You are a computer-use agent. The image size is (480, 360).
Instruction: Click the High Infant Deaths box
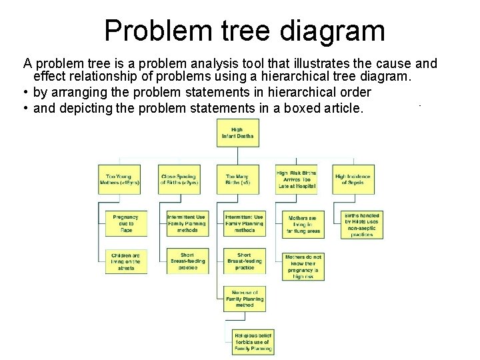click(237, 133)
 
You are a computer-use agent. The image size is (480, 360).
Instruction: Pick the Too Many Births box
click(237, 180)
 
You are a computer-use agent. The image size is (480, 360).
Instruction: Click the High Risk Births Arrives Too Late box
click(296, 180)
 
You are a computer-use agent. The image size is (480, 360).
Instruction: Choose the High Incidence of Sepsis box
click(353, 180)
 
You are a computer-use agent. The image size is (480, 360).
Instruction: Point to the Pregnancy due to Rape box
click(126, 223)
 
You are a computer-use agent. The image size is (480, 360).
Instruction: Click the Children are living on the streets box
click(126, 262)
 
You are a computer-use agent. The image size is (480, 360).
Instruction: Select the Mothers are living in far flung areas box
click(304, 224)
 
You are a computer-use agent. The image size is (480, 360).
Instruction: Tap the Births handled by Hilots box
click(362, 225)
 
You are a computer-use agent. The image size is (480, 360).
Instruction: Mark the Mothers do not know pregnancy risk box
click(303, 266)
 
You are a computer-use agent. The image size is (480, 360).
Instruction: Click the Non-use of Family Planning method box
click(245, 299)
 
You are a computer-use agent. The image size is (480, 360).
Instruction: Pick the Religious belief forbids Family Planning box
click(253, 341)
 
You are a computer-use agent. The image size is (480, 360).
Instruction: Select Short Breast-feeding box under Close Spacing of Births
click(187, 261)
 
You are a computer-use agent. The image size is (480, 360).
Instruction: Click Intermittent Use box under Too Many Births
click(245, 223)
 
